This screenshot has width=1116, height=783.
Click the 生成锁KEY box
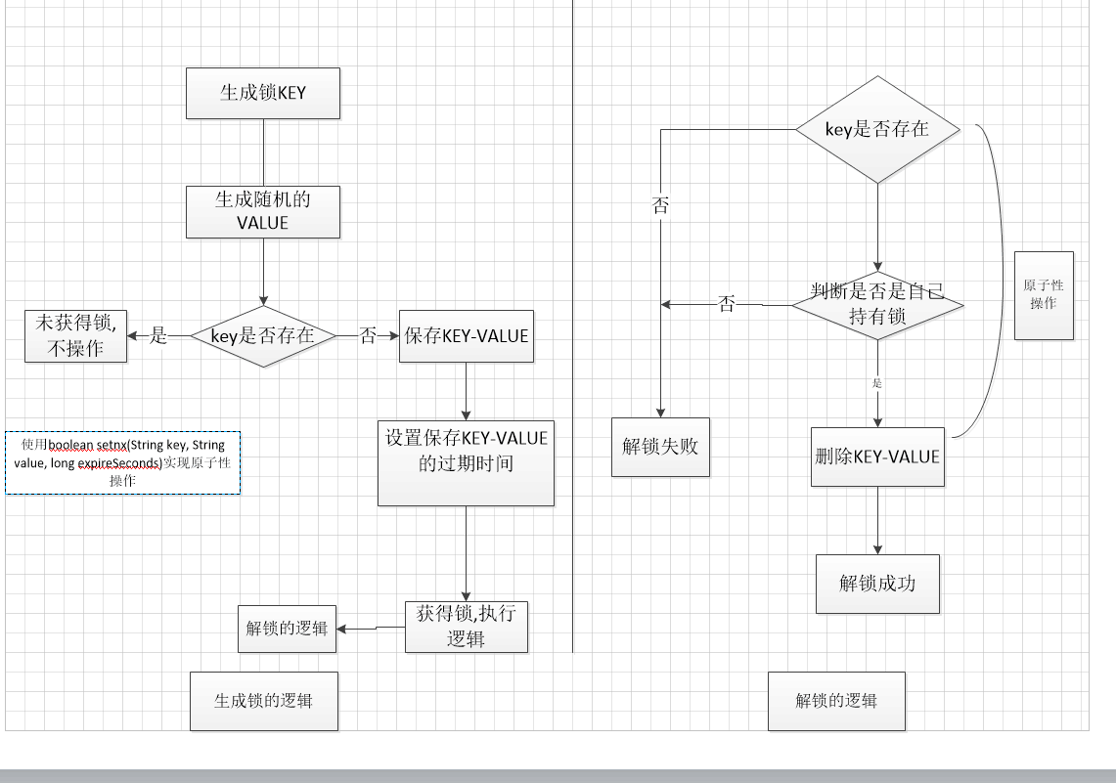point(263,93)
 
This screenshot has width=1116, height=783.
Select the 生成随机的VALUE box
point(263,211)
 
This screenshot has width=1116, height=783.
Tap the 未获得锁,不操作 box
point(76,336)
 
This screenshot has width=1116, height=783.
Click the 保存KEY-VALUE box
point(467,336)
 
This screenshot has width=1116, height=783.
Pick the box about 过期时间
point(466,462)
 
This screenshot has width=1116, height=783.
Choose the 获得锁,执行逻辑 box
point(466,627)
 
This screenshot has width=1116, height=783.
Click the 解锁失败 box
point(660,447)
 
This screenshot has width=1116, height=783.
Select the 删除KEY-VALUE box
point(877,457)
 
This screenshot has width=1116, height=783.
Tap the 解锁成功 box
point(877,584)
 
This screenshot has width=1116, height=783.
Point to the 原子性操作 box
point(1044,295)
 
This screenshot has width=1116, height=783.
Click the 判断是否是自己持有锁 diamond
point(877,304)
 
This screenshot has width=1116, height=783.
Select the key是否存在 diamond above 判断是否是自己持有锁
point(877,129)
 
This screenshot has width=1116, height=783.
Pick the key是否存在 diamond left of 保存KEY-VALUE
point(263,336)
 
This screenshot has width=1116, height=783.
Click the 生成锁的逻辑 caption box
point(263,701)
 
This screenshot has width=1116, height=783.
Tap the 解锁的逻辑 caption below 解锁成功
point(836,701)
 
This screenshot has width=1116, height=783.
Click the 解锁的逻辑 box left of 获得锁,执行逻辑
point(287,629)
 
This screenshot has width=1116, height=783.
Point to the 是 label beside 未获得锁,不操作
point(158,336)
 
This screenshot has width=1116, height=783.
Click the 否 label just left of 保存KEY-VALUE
point(368,336)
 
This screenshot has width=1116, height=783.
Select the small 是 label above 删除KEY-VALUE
point(877,383)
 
